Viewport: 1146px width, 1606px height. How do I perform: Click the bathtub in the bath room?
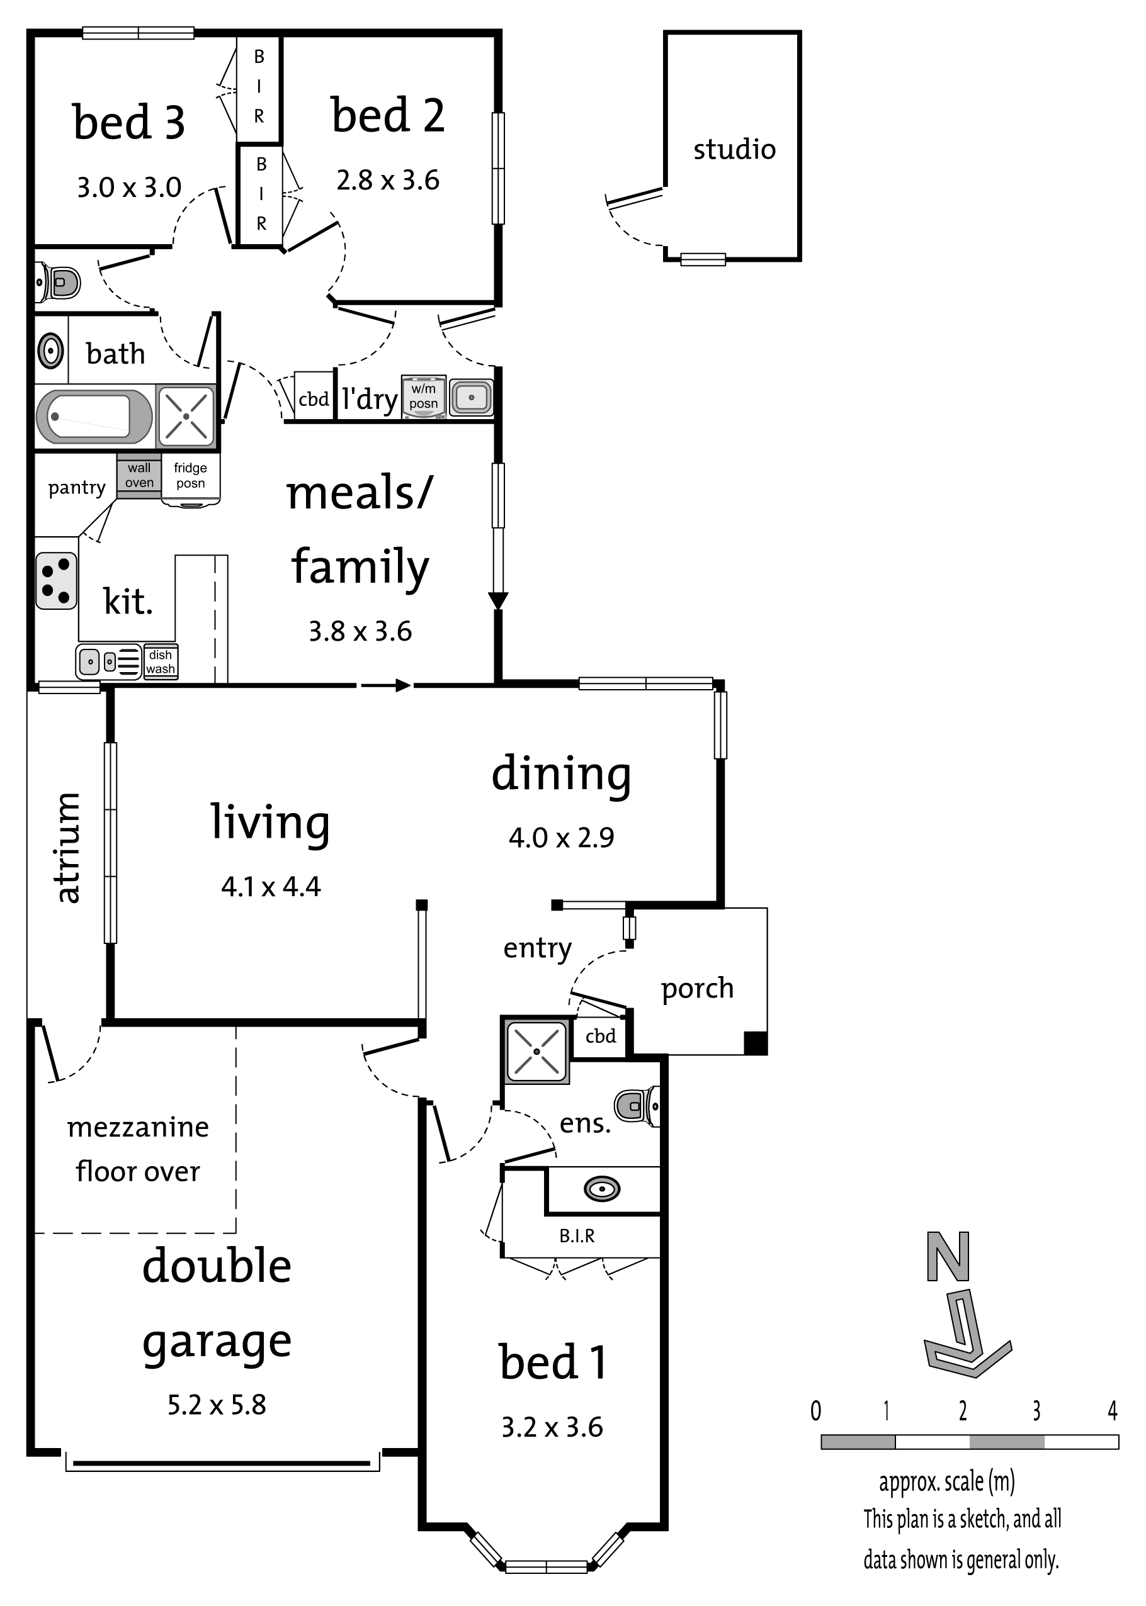click(94, 416)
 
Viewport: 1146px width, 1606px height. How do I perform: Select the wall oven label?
click(139, 475)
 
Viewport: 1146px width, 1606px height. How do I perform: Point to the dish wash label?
click(161, 661)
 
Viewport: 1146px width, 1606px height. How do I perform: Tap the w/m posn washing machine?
click(423, 397)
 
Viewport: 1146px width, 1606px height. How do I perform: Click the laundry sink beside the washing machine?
click(471, 397)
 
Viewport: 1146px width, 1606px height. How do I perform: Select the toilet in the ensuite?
click(637, 1105)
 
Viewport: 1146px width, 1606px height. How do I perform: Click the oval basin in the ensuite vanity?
click(602, 1189)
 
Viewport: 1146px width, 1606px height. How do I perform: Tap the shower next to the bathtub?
click(186, 416)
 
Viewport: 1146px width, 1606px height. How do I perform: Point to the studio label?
click(734, 150)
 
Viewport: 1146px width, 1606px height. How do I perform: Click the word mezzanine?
click(139, 1127)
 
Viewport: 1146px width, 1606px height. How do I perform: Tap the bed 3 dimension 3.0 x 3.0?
click(129, 188)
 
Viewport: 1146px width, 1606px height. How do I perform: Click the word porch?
click(697, 989)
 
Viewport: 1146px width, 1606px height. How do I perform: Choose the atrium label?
click(69, 847)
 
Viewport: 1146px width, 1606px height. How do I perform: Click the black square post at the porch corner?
click(756, 1043)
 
